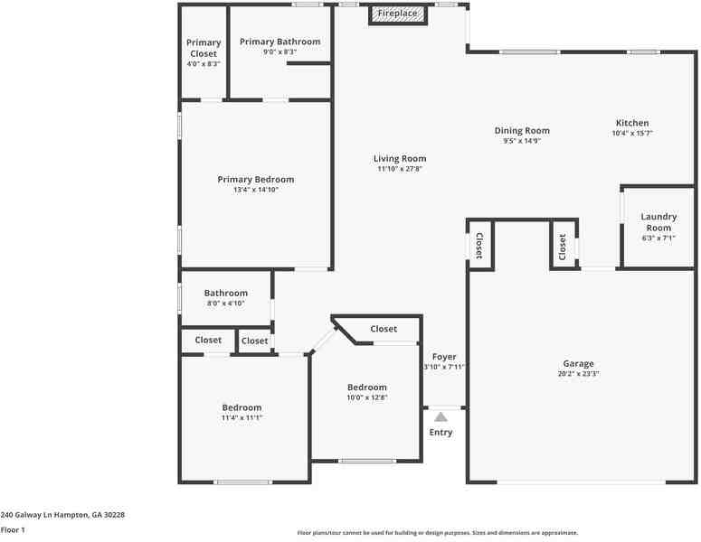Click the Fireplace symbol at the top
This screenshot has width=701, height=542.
[397, 14]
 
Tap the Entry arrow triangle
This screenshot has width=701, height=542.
[440, 417]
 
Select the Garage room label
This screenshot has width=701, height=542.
[579, 363]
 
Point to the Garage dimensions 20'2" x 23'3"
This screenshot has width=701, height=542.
[579, 373]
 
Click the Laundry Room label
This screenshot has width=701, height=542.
[658, 222]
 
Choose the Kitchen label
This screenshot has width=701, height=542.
[632, 123]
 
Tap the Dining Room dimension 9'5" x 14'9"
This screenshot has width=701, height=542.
[522, 141]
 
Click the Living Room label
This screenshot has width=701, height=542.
[400, 159]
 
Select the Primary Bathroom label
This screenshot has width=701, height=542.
[279, 42]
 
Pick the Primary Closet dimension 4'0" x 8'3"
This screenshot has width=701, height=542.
[204, 64]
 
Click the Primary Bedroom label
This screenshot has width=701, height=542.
[256, 179]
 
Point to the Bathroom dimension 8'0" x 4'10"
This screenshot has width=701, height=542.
[225, 304]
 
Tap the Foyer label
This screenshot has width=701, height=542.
[444, 357]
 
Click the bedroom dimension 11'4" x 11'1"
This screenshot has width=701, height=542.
[242, 418]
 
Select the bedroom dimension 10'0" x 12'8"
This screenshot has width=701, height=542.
[366, 397]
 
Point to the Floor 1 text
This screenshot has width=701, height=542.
[13, 529]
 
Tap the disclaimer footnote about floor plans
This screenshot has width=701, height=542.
[438, 533]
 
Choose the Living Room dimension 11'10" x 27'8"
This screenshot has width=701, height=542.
[400, 169]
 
